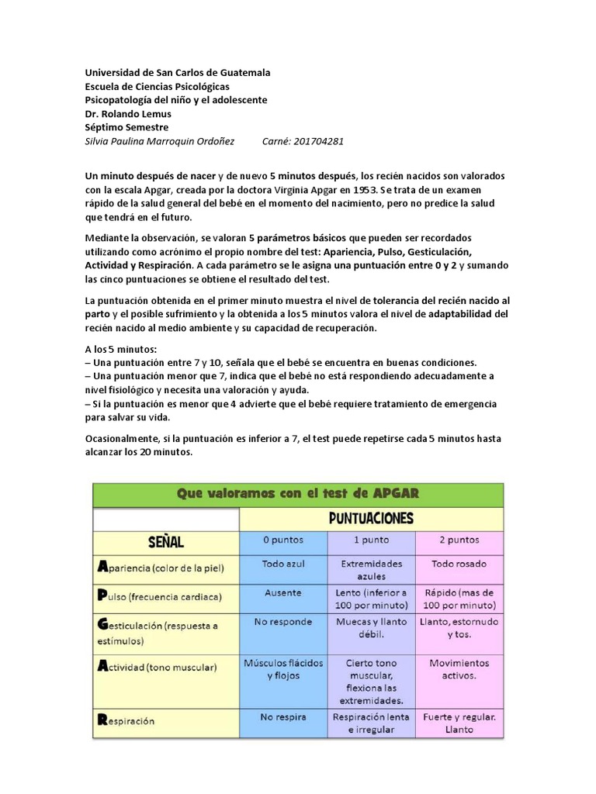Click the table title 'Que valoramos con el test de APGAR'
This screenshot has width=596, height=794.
pos(298,495)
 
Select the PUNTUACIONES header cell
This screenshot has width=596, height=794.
pos(371,518)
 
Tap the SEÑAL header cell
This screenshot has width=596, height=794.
pos(165,540)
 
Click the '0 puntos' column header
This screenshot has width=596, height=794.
pos(282,540)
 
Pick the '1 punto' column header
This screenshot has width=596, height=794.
pos(371,540)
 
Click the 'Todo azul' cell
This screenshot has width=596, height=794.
pos(282,564)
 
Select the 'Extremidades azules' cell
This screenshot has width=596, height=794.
pos(371,571)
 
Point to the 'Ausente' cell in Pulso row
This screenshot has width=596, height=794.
pos(282,592)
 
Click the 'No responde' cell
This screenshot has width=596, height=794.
pos(282,622)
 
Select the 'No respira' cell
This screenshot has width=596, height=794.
pos(282,717)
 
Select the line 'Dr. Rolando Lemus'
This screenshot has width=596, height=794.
pos(128,114)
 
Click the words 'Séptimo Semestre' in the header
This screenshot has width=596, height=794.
pos(126,128)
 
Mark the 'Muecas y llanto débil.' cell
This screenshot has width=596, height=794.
pos(371,628)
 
